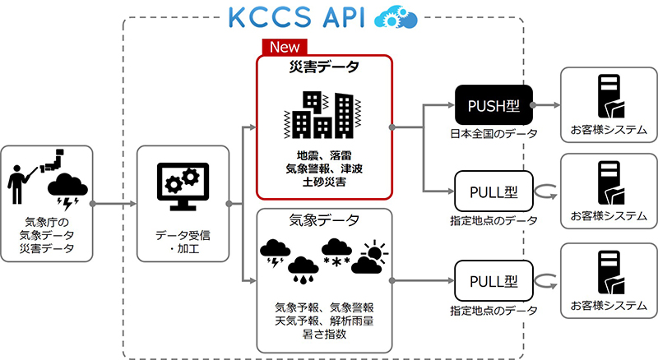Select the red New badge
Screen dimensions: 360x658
point(280,48)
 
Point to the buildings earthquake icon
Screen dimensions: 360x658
point(322,115)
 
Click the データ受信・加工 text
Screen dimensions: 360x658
point(182,241)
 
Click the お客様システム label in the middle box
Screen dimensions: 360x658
point(609,216)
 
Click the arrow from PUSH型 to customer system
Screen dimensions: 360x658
point(547,105)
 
